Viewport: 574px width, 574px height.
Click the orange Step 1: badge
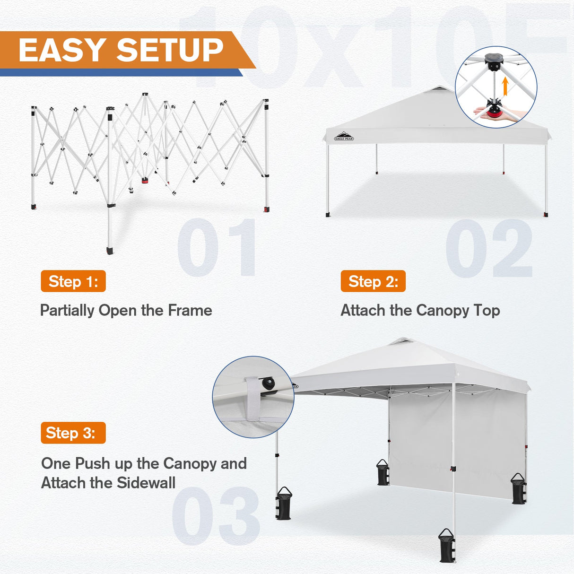[73, 281]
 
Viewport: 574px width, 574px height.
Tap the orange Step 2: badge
[373, 281]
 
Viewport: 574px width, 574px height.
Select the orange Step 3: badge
[73, 433]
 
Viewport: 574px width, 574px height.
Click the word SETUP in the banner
[170, 50]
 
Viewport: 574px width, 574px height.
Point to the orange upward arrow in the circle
[505, 87]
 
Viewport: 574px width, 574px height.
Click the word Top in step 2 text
[487, 311]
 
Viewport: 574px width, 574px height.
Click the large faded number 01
[217, 248]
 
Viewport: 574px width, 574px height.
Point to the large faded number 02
[489, 248]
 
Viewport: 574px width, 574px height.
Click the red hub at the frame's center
[145, 181]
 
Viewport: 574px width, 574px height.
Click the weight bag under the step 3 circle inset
[284, 504]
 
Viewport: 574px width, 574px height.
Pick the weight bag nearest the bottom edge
[447, 546]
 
